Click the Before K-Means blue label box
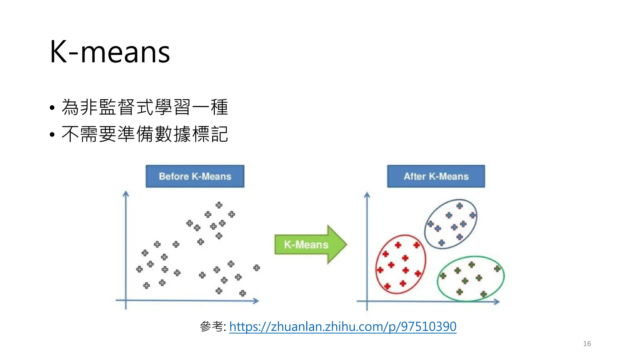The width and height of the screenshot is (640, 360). pyautogui.click(x=195, y=176)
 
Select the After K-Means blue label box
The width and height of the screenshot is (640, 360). pyautogui.click(x=436, y=176)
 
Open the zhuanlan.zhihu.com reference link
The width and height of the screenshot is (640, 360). pyautogui.click(x=343, y=327)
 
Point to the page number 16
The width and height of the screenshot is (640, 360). pyautogui.click(x=587, y=344)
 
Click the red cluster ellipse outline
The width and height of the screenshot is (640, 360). pyautogui.click(x=376, y=266)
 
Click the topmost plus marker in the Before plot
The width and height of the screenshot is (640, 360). pyautogui.click(x=219, y=205)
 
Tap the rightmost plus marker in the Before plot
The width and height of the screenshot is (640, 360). pyautogui.click(x=257, y=267)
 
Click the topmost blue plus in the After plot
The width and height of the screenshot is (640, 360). pyautogui.click(x=459, y=206)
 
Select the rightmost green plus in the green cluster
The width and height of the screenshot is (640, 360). pyautogui.click(x=497, y=268)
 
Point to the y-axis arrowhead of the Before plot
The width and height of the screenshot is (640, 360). pyautogui.click(x=126, y=194)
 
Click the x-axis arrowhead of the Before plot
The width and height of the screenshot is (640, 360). pyautogui.click(x=256, y=301)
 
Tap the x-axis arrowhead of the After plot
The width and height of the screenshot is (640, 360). pyautogui.click(x=497, y=302)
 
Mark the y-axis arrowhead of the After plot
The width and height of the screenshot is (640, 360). pyautogui.click(x=367, y=195)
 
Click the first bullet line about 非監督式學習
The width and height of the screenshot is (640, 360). pyautogui.click(x=145, y=107)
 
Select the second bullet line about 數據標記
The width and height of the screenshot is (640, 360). pyautogui.click(x=145, y=134)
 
